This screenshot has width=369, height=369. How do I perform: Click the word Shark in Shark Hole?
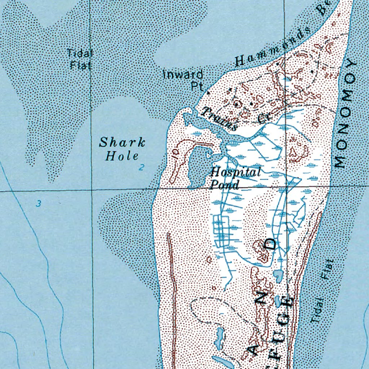(x=122, y=143)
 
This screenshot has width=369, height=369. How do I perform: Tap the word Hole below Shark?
(x=121, y=156)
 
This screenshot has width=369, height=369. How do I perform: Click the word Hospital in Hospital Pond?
(x=235, y=172)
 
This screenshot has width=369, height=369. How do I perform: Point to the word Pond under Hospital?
(x=224, y=185)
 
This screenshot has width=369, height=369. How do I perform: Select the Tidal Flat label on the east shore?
(x=322, y=291)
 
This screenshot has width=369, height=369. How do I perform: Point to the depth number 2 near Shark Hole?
(x=142, y=167)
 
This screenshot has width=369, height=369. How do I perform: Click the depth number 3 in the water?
(x=38, y=204)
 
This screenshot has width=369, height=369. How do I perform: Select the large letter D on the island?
(x=271, y=244)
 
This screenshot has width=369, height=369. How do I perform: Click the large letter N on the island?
(x=263, y=299)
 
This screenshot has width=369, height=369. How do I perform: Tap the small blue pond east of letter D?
(x=278, y=276)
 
